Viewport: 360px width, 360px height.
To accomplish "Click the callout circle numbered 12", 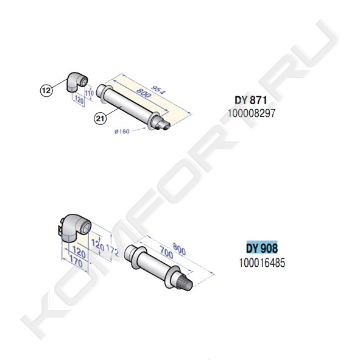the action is click(46, 91).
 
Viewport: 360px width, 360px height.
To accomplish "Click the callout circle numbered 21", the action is click(101, 118).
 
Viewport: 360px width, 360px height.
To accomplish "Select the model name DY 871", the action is click(251, 101).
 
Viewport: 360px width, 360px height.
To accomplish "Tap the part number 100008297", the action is click(252, 113).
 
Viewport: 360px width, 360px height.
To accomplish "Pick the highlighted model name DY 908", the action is click(262, 248).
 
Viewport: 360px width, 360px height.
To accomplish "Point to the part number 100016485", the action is click(262, 263).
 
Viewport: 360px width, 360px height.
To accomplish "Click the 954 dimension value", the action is click(158, 90).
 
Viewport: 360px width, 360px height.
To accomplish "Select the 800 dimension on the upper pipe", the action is click(144, 93).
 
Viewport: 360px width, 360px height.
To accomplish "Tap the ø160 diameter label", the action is click(122, 132).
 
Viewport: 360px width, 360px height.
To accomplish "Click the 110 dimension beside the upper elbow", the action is click(90, 93).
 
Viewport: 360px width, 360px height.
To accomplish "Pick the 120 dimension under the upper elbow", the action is click(79, 100).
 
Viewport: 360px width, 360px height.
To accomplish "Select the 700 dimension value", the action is click(166, 252).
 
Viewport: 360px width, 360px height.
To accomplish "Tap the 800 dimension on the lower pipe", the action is click(179, 249).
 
